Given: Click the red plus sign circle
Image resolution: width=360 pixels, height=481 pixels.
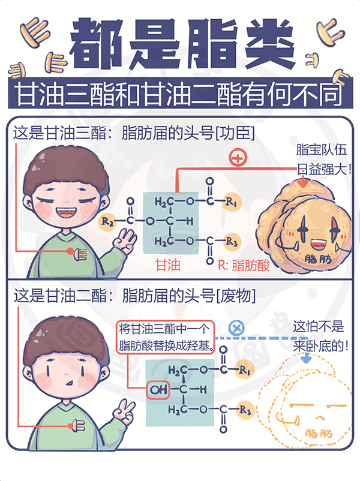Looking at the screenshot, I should pyautogui.click(x=238, y=158).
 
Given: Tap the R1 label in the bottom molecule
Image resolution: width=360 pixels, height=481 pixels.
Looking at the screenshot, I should pyautogui.click(x=244, y=371).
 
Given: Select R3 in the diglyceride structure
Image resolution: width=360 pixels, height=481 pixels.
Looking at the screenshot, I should pyautogui.click(x=244, y=410).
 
